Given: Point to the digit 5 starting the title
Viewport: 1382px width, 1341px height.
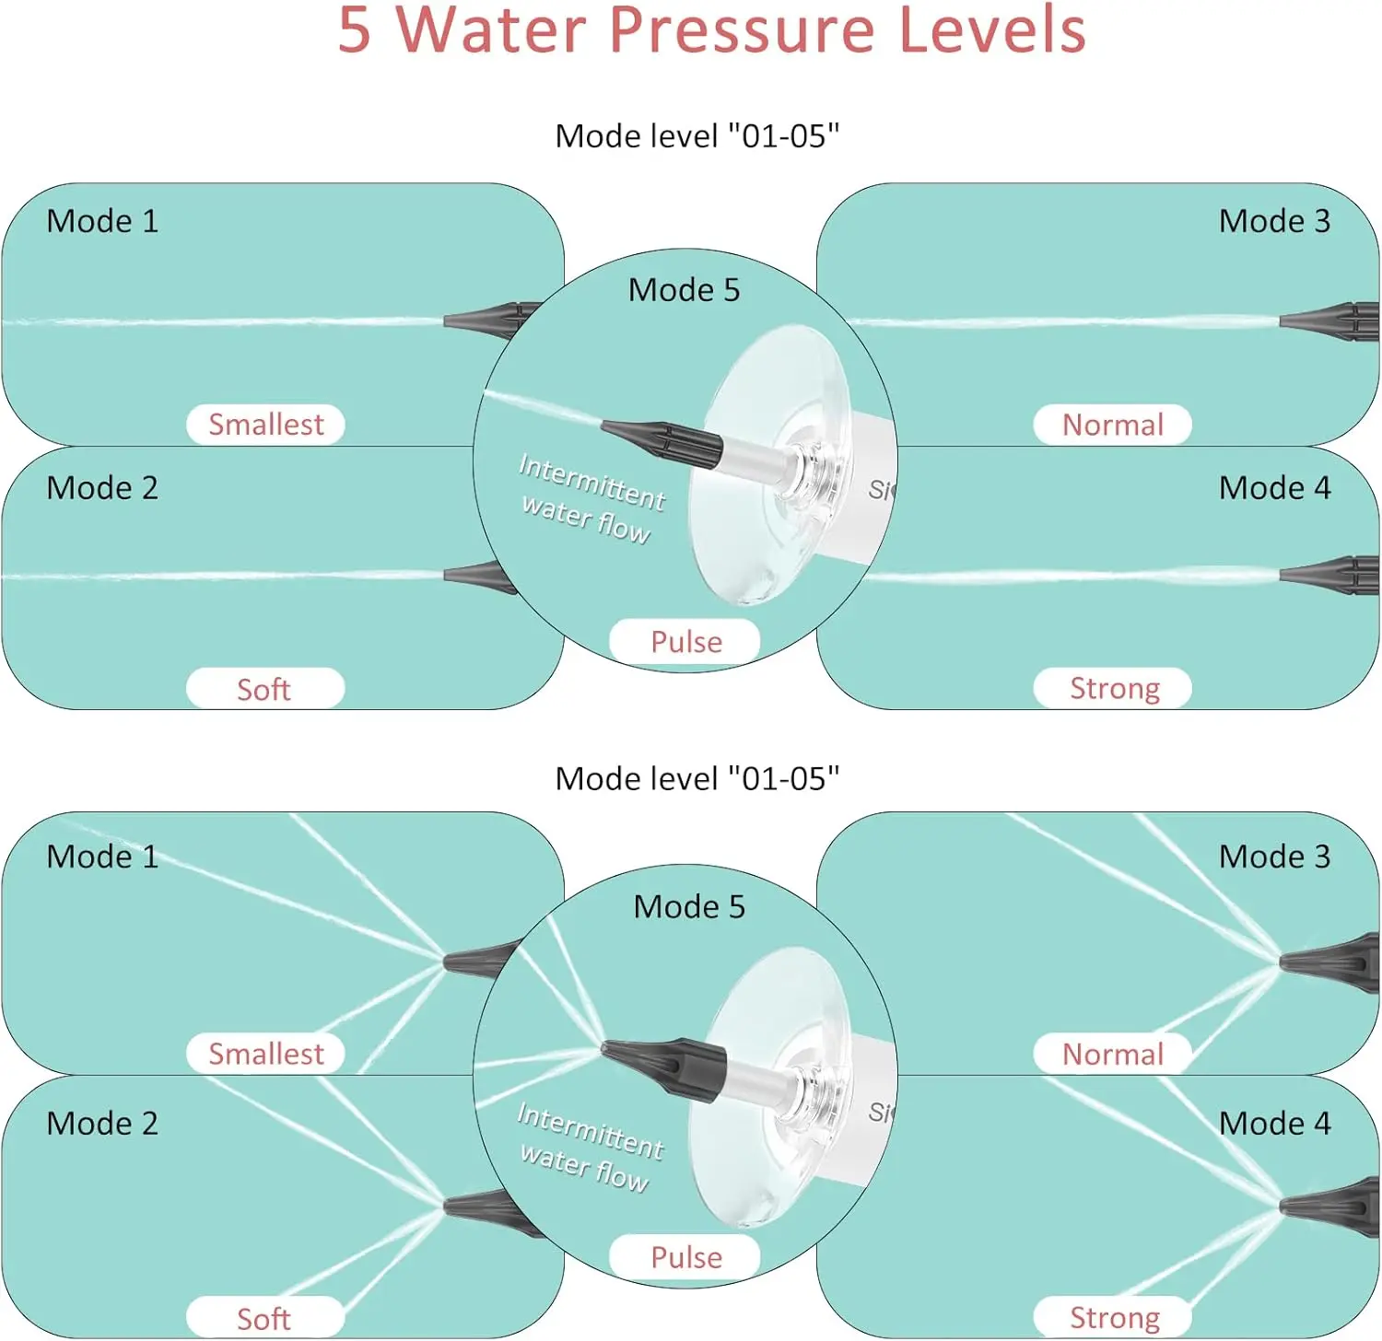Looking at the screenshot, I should [355, 29].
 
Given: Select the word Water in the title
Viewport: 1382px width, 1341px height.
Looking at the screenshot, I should [491, 29].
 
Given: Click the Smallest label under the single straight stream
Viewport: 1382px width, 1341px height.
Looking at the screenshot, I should [265, 425].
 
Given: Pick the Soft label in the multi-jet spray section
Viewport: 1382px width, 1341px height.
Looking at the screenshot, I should [264, 1319].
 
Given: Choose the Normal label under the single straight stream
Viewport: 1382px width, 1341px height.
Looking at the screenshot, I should [1112, 425].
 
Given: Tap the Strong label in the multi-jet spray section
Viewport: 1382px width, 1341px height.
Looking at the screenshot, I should [1114, 1317].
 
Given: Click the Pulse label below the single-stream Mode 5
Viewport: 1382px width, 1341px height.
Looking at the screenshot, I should [685, 641].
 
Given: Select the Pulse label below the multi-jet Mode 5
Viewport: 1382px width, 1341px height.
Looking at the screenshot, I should [685, 1257].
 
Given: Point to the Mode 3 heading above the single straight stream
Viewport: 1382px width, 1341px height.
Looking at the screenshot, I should [1274, 221].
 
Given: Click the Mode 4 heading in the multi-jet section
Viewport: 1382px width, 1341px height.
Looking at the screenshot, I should [1274, 1124].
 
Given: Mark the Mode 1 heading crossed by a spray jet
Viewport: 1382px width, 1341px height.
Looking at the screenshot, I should [102, 857].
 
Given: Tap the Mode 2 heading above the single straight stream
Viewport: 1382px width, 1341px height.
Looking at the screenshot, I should [102, 488].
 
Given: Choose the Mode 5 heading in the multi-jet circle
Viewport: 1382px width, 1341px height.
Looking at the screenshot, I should [689, 907].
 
